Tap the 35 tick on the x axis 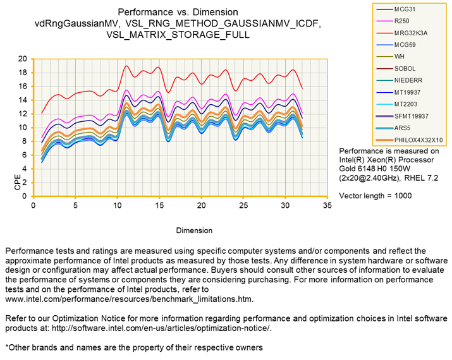[327, 205]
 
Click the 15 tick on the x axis [159, 205]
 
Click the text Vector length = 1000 [376, 196]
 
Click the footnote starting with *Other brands [133, 347]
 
